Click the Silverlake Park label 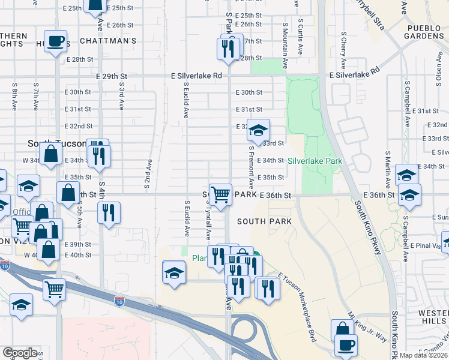[x=315, y=161]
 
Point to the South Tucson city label [x=58, y=144]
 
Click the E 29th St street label [x=112, y=76]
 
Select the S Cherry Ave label [x=343, y=50]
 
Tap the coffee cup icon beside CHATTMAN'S [x=56, y=41]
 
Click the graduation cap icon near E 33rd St [x=258, y=130]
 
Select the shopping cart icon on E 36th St [x=221, y=194]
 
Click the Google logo [x=20, y=352]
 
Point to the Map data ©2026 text [x=423, y=355]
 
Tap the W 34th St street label [x=34, y=161]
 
